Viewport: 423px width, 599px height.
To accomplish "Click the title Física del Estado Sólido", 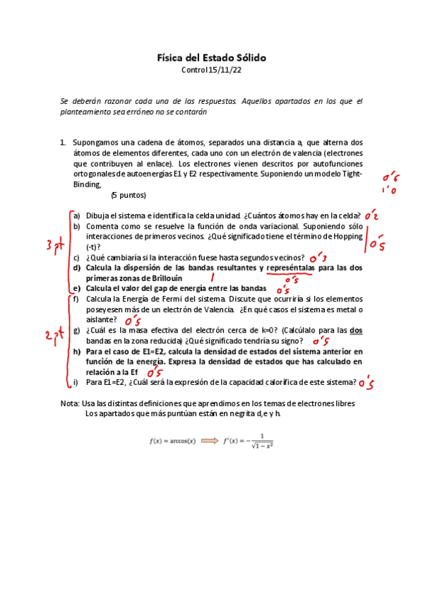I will coord(211,57).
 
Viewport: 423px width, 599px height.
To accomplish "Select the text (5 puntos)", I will coord(129,195).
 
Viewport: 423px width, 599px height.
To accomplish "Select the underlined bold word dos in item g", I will coord(357,330).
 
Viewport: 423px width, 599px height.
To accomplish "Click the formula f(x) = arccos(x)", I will coord(172,440).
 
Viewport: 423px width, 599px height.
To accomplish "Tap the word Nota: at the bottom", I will coord(71,403).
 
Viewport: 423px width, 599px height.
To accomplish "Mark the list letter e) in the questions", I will coord(76,288).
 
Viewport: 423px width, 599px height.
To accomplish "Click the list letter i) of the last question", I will coord(76,382).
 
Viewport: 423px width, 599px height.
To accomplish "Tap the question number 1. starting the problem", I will coord(64,142).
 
